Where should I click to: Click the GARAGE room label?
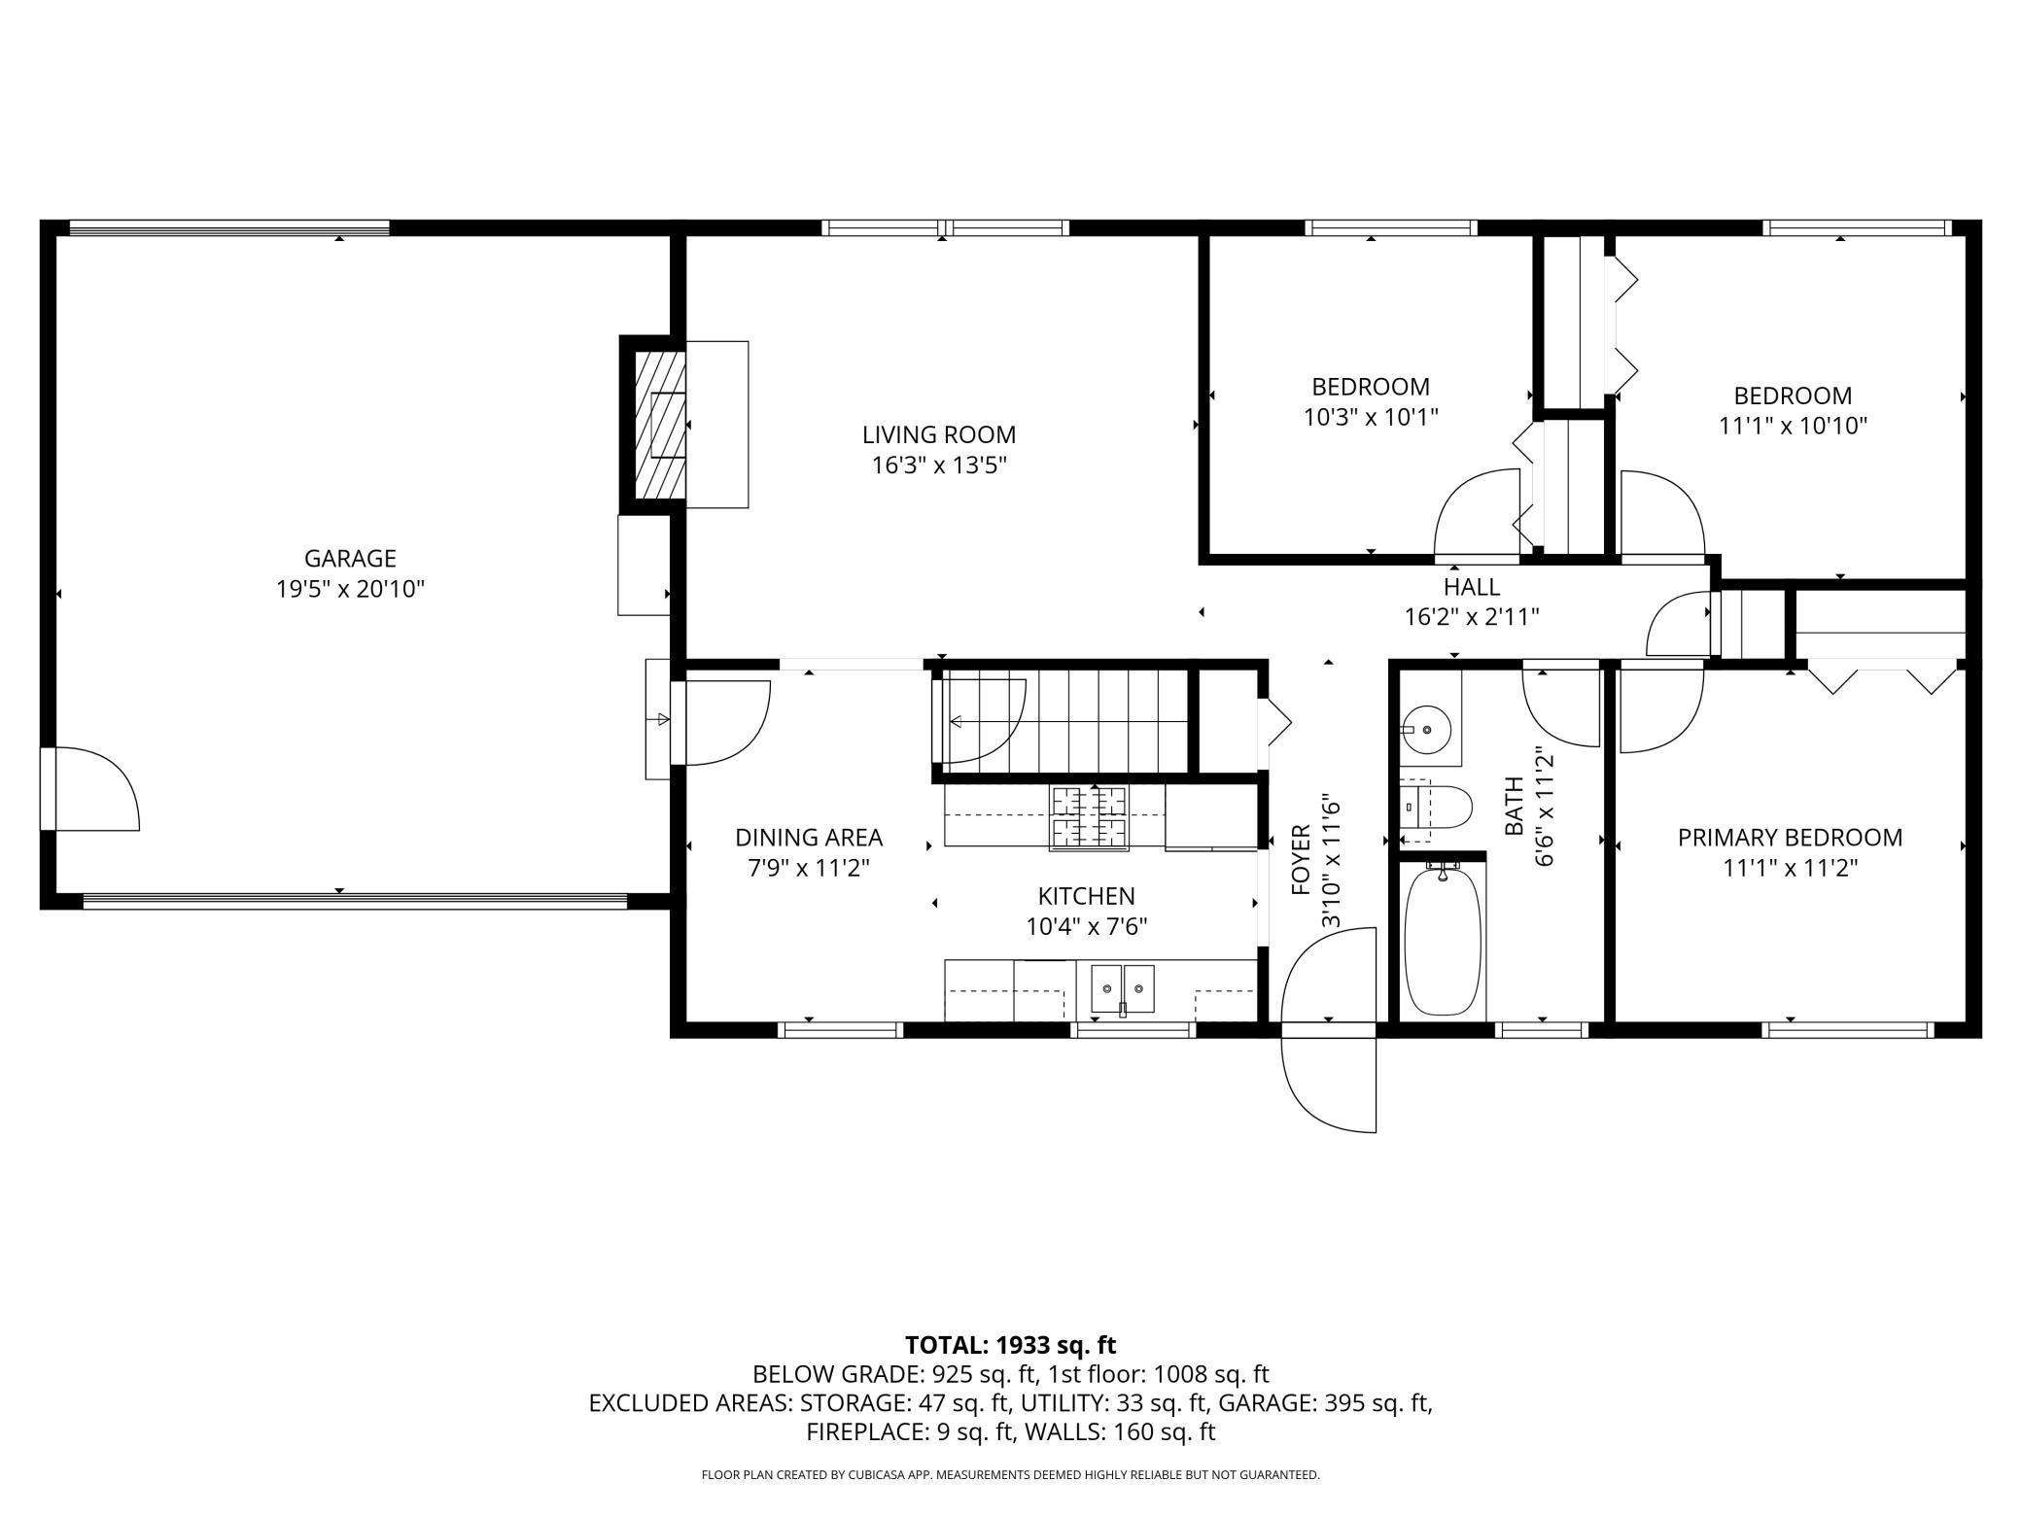(350, 559)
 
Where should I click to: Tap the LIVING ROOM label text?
(939, 434)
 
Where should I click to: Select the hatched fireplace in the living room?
(660, 425)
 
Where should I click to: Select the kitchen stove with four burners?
(1089, 818)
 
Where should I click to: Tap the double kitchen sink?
(1122, 989)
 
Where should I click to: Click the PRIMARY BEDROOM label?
(1791, 838)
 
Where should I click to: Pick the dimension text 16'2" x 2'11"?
(1472, 617)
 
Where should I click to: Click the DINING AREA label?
(809, 838)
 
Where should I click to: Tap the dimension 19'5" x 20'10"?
(350, 589)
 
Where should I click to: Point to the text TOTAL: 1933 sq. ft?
(1011, 1346)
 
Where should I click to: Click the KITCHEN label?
(1086, 896)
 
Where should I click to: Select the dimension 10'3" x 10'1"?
(1371, 417)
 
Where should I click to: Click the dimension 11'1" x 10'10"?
(1794, 426)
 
